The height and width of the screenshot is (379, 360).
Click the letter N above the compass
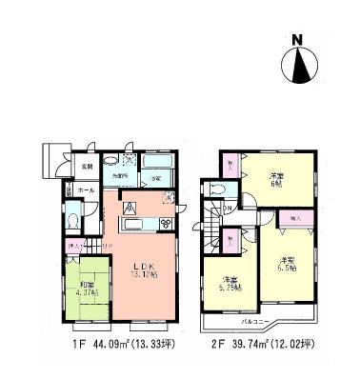click(301, 40)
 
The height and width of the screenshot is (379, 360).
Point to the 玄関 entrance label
click(87, 167)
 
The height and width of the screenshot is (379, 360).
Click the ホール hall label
click(86, 189)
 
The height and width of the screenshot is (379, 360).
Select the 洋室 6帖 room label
click(277, 180)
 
